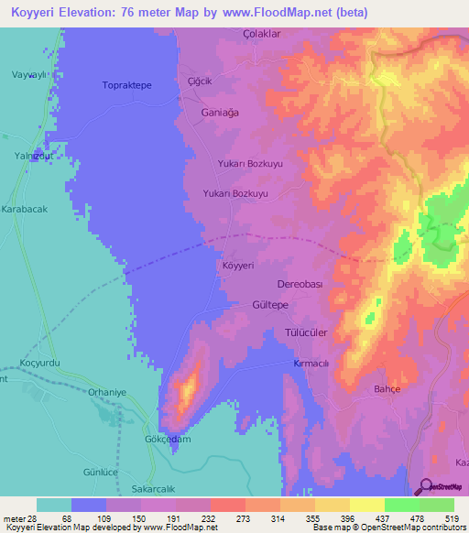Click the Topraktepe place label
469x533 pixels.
[126, 85]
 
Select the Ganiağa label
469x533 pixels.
[219, 112]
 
